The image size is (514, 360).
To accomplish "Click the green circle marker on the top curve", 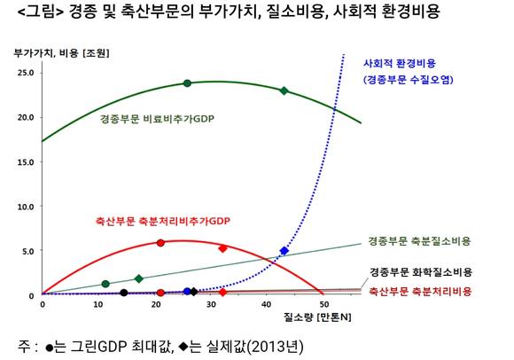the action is click(x=187, y=83).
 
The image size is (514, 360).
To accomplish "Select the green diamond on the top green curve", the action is click(x=284, y=90).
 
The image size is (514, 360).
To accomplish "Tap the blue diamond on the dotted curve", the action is click(x=284, y=251).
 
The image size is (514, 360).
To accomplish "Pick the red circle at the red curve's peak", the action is click(x=160, y=243).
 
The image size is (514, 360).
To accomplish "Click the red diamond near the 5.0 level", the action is click(x=223, y=248).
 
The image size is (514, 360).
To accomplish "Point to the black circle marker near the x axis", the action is click(x=123, y=293).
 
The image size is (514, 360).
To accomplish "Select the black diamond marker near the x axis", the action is click(x=194, y=292).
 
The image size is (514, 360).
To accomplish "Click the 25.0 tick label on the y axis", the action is click(x=26, y=73).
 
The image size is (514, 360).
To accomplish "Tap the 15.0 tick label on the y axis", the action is click(x=26, y=162).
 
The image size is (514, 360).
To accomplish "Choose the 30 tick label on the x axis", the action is click(x=211, y=305).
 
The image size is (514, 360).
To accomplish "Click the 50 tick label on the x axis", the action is click(x=323, y=305).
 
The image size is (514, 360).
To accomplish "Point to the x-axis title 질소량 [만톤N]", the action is click(x=317, y=317).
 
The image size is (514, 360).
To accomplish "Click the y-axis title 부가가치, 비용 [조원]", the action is click(x=61, y=53).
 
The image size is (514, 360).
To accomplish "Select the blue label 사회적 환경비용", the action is click(x=400, y=63).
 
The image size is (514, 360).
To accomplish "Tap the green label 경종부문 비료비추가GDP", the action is click(x=157, y=118).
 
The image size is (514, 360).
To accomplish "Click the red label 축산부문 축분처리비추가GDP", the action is click(x=163, y=221).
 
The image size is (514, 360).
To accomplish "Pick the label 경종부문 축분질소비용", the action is click(x=419, y=241).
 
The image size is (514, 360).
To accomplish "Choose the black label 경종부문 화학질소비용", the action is click(x=421, y=272).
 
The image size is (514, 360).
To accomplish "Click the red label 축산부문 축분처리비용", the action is click(x=420, y=291).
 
